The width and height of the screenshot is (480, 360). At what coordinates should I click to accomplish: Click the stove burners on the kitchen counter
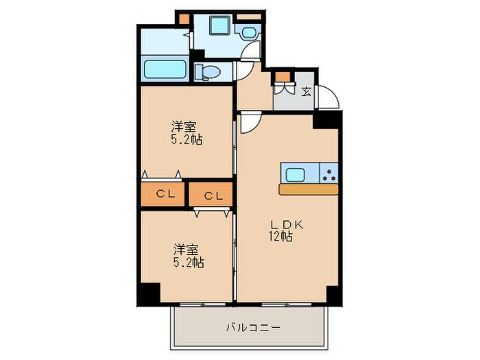tap(330, 174)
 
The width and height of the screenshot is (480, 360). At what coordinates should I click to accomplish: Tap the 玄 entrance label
tap(306, 91)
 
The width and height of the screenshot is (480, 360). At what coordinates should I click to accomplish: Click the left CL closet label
tap(165, 194)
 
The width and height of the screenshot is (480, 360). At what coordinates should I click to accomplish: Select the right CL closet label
tap(213, 196)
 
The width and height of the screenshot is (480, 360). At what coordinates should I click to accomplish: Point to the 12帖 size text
tap(281, 237)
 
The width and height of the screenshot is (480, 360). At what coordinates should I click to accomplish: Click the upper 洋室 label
tap(184, 127)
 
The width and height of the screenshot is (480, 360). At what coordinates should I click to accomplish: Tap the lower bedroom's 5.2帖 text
tap(188, 262)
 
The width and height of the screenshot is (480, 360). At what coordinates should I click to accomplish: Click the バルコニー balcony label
tap(253, 328)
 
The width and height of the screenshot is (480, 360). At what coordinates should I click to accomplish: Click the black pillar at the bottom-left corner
tap(147, 293)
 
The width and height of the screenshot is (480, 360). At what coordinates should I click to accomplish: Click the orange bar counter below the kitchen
tap(309, 189)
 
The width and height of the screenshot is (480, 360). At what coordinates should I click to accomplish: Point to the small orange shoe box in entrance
tap(281, 77)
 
